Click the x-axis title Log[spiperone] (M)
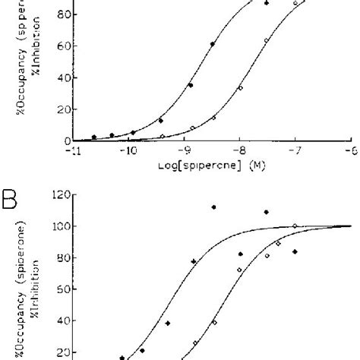212,165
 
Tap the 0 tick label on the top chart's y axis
66,141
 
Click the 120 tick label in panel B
61,195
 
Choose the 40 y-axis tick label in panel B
63,321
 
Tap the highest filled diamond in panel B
213,207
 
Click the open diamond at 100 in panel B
295,226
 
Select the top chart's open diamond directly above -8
240,88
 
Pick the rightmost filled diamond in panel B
295,251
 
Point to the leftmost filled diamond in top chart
94,137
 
